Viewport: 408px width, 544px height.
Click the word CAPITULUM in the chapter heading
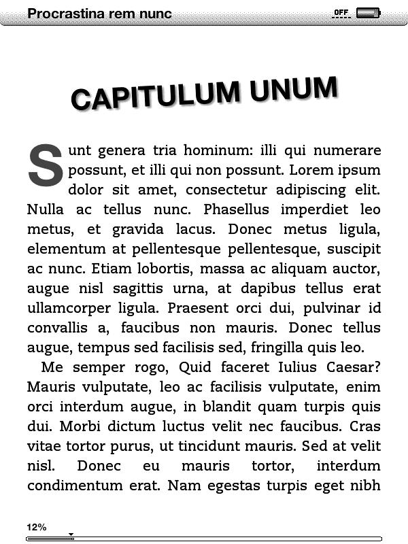[156, 96]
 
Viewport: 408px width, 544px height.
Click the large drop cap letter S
[46, 165]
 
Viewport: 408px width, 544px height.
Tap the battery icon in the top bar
[368, 13]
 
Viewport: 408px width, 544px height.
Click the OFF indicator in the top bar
[341, 13]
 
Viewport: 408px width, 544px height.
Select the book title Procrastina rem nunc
[99, 14]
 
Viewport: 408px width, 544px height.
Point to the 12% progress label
[37, 527]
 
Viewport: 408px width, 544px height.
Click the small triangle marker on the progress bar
[71, 535]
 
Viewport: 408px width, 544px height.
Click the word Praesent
[197, 308]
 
